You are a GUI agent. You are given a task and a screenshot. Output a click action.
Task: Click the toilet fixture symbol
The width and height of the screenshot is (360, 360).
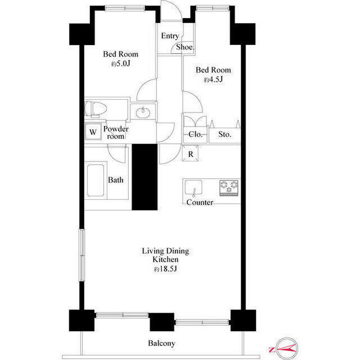[x=96, y=109]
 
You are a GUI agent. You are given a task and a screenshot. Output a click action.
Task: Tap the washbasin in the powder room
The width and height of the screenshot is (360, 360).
[x=143, y=112]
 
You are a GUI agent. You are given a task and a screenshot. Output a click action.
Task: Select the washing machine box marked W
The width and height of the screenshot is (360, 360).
[x=93, y=132]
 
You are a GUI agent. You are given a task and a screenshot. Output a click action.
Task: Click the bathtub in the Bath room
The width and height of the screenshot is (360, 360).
[x=95, y=181]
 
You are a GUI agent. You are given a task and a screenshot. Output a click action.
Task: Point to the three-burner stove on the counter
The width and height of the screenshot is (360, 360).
[x=229, y=188]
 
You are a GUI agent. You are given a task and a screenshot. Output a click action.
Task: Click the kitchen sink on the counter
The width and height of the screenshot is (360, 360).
[x=193, y=188]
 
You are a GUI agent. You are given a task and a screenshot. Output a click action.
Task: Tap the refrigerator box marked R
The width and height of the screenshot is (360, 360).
[x=190, y=154]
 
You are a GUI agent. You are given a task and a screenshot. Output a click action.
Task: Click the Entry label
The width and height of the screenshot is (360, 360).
[x=170, y=36]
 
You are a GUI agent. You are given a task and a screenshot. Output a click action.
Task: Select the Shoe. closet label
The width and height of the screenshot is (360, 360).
[x=185, y=47]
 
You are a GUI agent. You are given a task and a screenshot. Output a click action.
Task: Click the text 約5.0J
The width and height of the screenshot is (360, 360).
[x=120, y=64]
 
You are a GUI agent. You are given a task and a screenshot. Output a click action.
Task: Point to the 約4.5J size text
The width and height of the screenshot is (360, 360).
[x=213, y=79]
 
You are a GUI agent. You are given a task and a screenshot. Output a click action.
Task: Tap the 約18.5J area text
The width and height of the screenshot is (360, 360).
[x=165, y=269]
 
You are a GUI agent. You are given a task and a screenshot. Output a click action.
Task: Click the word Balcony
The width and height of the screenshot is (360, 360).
[x=161, y=344]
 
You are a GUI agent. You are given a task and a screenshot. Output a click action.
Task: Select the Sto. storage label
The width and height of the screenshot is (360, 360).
[x=224, y=134]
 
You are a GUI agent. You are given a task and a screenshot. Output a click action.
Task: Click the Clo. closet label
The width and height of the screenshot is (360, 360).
[x=195, y=134]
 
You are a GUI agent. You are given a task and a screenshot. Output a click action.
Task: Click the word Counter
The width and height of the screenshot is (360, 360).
[x=200, y=202]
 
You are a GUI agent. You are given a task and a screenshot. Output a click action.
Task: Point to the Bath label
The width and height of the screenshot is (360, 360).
[x=115, y=180]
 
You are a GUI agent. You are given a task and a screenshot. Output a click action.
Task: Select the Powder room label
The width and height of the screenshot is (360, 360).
[x=116, y=133]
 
